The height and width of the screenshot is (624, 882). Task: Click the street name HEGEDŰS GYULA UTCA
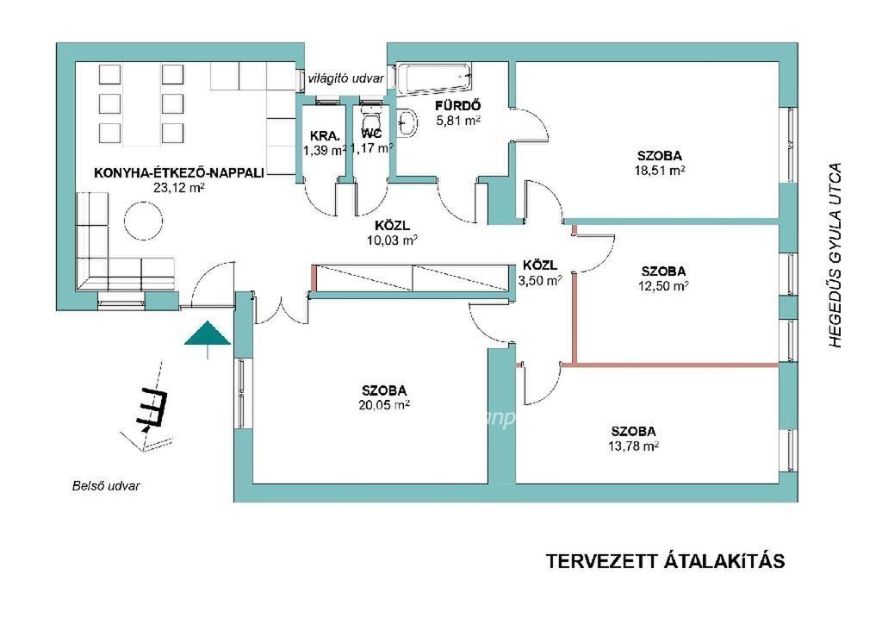833,255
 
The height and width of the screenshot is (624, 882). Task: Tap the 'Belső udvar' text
106,485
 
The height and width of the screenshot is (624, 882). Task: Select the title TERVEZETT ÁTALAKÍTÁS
666,561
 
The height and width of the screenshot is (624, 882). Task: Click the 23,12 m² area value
178,186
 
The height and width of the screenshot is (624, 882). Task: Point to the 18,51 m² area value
660,171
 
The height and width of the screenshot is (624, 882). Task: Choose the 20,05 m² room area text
384,404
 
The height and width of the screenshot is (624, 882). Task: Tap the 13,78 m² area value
633,446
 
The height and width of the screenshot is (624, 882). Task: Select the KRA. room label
325,136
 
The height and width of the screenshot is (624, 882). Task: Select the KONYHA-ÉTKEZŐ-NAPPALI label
179,172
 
